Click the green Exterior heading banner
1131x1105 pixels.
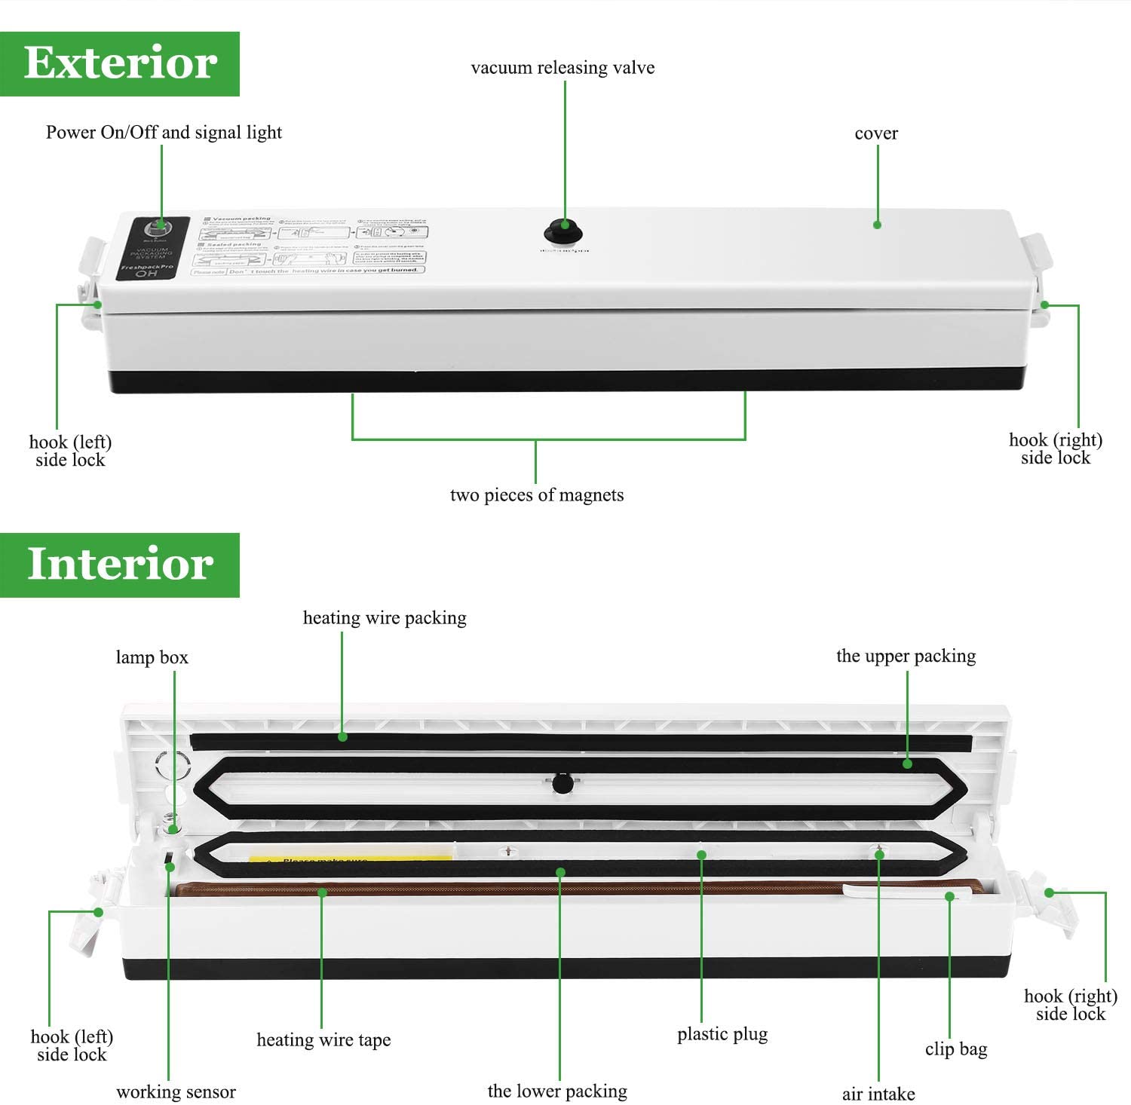point(120,63)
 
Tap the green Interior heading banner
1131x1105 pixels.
point(120,565)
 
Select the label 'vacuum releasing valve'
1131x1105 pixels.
point(562,68)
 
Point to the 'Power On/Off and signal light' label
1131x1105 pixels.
point(164,133)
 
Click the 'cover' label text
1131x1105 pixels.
point(876,133)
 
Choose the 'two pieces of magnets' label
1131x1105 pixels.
point(537,495)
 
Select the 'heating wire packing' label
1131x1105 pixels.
point(385,618)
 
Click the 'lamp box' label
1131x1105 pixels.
point(152,657)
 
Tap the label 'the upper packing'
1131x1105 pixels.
point(906,656)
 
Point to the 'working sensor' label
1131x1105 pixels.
point(176,1091)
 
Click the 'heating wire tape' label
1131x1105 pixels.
point(323,1040)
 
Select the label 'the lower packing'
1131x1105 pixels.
point(557,1091)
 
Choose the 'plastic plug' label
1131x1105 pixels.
point(722,1034)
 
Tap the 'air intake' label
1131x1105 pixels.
point(878,1094)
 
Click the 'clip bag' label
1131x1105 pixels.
point(956,1049)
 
